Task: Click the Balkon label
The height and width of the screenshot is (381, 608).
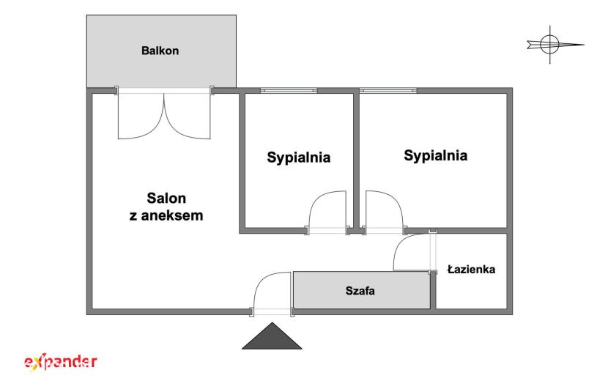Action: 160,51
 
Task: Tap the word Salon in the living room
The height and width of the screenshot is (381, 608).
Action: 166,199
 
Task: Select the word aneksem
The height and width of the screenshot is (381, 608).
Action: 171,215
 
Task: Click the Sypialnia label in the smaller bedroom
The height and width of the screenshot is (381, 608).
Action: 299,158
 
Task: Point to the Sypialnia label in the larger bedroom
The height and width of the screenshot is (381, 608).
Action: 435,155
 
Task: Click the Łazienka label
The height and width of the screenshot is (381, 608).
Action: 471,269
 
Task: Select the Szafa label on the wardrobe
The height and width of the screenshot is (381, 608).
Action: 360,291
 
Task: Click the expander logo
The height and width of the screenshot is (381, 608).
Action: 61,363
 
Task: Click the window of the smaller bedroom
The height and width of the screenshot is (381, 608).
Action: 289,90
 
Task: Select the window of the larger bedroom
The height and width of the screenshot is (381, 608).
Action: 388,90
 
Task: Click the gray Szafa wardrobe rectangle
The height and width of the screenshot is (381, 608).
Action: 361,290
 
